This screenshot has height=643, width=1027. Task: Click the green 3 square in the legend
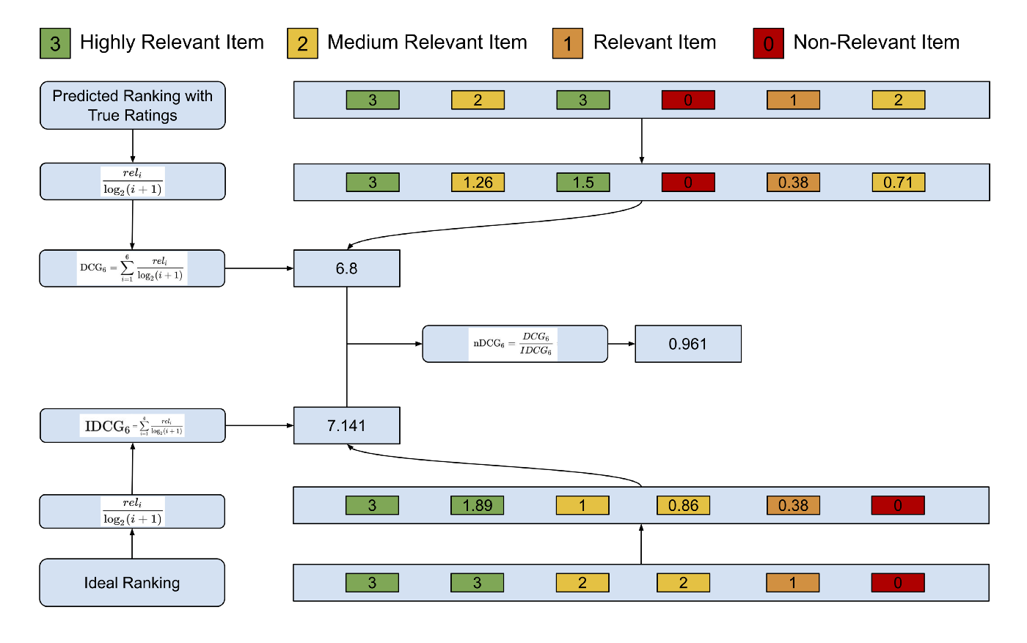pos(55,43)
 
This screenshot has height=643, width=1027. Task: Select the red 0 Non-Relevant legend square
pos(768,43)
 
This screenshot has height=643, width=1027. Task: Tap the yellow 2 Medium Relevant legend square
pos(302,43)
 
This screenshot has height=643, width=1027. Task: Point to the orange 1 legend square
pos(567,43)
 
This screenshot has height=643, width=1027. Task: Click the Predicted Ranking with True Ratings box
pos(132,106)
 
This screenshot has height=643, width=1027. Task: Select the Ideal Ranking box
pos(132,583)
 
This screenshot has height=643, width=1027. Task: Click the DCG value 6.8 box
pos(346,268)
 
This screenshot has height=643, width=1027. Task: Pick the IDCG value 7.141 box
pos(346,425)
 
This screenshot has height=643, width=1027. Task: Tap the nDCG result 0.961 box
pos(687,344)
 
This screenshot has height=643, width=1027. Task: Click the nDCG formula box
pos(514,344)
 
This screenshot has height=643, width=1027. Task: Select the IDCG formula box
pos(132,425)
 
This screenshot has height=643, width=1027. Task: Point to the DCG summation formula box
pos(132,268)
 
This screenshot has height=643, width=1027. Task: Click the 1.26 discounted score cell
pos(478,183)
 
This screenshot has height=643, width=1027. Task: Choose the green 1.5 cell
pos(583,183)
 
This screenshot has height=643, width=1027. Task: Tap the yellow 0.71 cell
pos(898,183)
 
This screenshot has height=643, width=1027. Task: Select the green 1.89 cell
pos(477,505)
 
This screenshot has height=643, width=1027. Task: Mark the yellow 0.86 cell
pos(683,505)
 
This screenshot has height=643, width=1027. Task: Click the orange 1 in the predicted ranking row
pos(793,100)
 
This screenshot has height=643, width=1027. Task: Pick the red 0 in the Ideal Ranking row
pos(898,583)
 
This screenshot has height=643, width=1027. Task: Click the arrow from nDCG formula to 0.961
pos(621,344)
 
